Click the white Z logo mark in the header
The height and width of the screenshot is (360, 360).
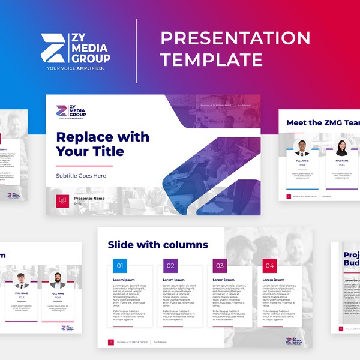pyautogui.click(x=53, y=48)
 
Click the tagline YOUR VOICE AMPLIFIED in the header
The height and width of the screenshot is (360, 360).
pyautogui.click(x=76, y=68)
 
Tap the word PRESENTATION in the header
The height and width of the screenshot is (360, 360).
pyautogui.click(x=235, y=38)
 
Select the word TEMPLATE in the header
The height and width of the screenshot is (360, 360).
pyautogui.click(x=211, y=59)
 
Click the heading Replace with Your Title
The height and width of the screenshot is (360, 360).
pyautogui.click(x=103, y=144)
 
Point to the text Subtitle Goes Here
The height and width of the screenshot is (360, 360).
pyautogui.click(x=81, y=176)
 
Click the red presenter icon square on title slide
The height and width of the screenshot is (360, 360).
pyautogui.click(x=61, y=200)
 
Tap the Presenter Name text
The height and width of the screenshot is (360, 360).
pyautogui.click(x=89, y=198)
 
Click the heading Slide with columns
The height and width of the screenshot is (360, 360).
pyautogui.click(x=158, y=245)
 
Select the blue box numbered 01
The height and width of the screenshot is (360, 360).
pyautogui.click(x=120, y=266)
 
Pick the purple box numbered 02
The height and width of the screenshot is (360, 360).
pyautogui.click(x=170, y=266)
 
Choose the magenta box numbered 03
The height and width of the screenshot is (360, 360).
pyautogui.click(x=220, y=266)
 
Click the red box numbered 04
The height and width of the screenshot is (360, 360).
pyautogui.click(x=269, y=266)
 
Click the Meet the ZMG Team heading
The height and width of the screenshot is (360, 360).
pyautogui.click(x=323, y=123)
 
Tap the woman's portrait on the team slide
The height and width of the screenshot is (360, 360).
pyautogui.click(x=341, y=148)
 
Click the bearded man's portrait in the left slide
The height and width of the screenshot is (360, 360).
pyautogui.click(x=58, y=281)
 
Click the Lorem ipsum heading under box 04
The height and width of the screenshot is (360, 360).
pyautogui.click(x=274, y=280)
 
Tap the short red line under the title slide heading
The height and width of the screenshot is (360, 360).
pyautogui.click(x=84, y=165)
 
